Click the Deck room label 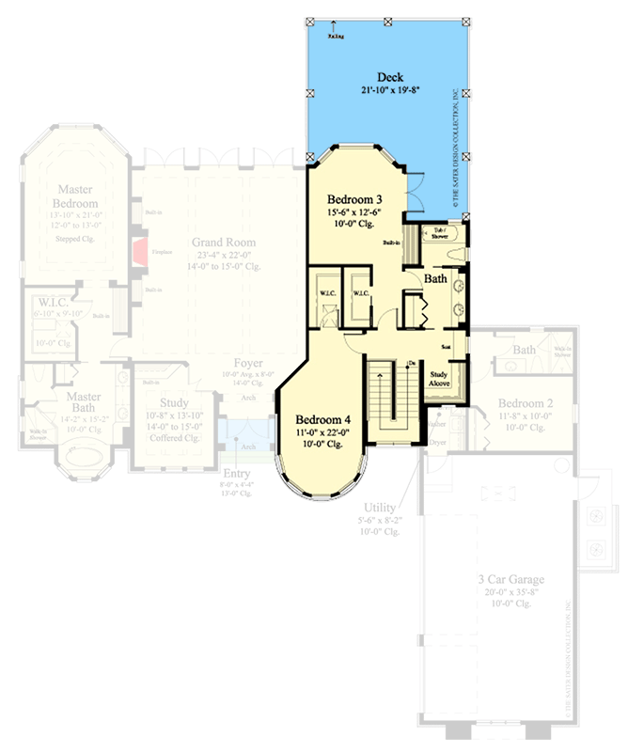pyautogui.click(x=390, y=76)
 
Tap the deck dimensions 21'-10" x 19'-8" pyautogui.click(x=390, y=90)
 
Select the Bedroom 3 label pyautogui.click(x=355, y=200)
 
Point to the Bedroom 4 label pyautogui.click(x=322, y=419)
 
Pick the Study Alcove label pyautogui.click(x=439, y=379)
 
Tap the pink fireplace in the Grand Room pyautogui.click(x=138, y=250)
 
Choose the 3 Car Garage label pyautogui.click(x=512, y=579)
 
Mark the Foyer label pyautogui.click(x=248, y=363)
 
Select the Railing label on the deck pyautogui.click(x=336, y=37)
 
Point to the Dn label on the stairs pyautogui.click(x=411, y=364)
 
